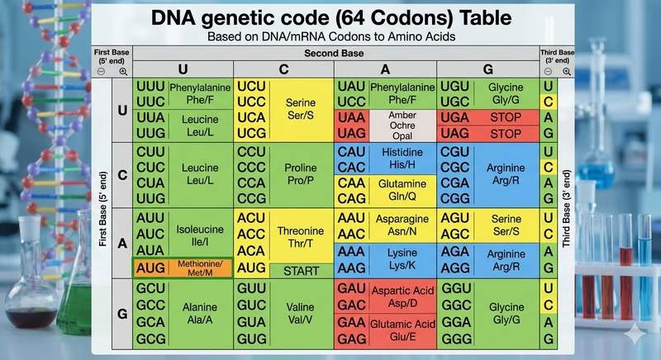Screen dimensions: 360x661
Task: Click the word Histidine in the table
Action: tap(402, 153)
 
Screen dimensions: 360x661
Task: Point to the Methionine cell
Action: tap(200, 268)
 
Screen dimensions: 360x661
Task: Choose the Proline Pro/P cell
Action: tap(300, 174)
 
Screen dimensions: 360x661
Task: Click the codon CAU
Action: tap(351, 152)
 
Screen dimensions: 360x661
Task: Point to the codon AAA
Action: tap(351, 250)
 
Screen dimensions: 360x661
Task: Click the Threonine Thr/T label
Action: tap(300, 238)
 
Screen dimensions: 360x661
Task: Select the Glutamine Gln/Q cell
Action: tap(402, 189)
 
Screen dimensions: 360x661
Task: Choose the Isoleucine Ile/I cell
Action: tap(200, 234)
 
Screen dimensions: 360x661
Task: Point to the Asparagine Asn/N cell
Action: tap(402, 225)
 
